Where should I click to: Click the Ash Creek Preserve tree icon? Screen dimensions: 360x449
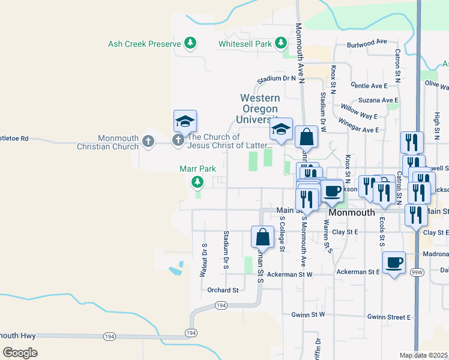[x=190, y=43]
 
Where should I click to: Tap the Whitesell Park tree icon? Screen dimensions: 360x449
[x=280, y=43]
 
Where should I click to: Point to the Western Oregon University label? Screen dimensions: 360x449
[x=260, y=109]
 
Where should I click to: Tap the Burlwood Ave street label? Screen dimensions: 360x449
[x=367, y=43]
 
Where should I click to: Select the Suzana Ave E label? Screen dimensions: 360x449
[x=378, y=100]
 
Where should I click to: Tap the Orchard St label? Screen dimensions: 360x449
[x=223, y=290]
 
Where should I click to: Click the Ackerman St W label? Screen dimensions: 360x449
[x=291, y=274]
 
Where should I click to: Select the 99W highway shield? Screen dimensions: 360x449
[x=417, y=272]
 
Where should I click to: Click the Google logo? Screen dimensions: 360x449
[x=20, y=352]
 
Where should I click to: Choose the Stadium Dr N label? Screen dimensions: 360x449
[x=276, y=79]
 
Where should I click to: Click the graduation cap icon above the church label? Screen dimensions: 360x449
[x=185, y=122]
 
